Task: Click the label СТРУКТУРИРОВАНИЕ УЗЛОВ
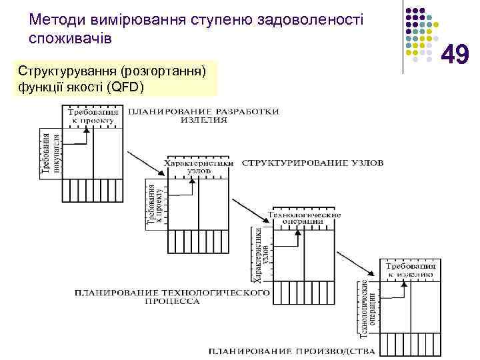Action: point(313,162)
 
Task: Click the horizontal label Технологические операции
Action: point(303,218)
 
